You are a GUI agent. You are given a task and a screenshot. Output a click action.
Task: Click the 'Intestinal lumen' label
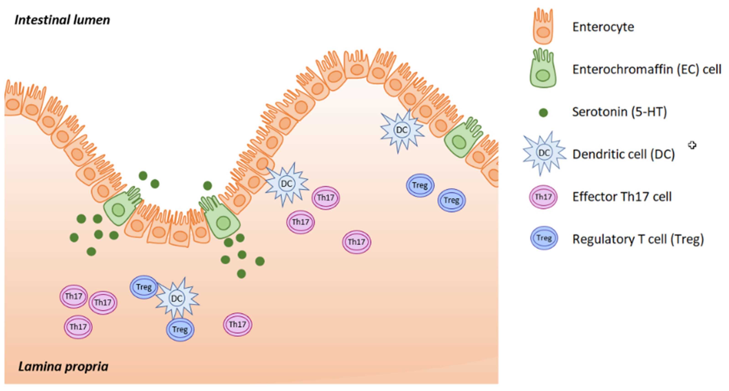point(62,20)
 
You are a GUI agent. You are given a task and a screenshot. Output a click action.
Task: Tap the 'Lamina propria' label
point(63,367)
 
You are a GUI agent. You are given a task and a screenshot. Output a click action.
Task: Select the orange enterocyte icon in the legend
point(543,27)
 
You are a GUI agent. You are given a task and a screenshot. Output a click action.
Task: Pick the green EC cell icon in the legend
point(543,69)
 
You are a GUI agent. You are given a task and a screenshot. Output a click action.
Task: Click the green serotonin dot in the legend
point(543,113)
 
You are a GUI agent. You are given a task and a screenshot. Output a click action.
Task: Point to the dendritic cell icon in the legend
point(544,153)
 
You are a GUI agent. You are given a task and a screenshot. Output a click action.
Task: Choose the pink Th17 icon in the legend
point(543,197)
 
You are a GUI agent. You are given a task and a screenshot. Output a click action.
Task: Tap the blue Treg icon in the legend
point(544,238)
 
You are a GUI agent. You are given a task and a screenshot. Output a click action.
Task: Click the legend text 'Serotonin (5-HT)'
point(620,112)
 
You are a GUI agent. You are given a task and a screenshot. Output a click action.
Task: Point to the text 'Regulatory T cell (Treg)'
point(638,239)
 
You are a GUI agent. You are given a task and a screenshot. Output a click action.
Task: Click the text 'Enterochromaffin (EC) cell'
point(647,69)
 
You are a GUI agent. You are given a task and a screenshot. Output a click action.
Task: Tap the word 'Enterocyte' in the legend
point(603,27)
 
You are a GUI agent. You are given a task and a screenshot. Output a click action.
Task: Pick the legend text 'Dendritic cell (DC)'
point(623,154)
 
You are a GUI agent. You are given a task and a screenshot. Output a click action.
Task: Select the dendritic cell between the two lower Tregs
point(177,298)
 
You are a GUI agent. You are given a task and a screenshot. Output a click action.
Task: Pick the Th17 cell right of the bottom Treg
point(237,324)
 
